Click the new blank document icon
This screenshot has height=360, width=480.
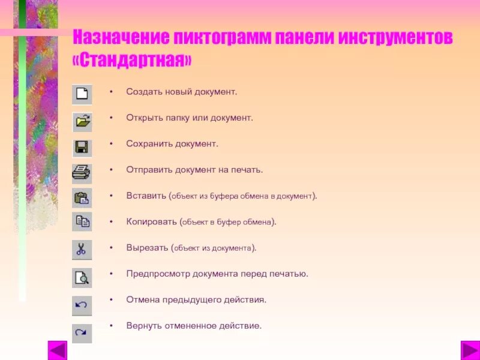[82, 95]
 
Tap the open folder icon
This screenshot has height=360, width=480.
[82, 122]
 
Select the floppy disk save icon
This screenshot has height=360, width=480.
[82, 148]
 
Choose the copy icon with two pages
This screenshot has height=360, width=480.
[82, 223]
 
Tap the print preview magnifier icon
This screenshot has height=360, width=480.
[82, 277]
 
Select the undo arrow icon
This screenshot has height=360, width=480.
[82, 305]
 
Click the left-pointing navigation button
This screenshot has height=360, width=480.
[58, 350]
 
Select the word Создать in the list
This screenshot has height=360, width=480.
[143, 92]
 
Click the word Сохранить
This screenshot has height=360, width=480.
[149, 144]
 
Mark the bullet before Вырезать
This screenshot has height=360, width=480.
[111, 247]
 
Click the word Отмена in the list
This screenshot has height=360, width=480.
[142, 299]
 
